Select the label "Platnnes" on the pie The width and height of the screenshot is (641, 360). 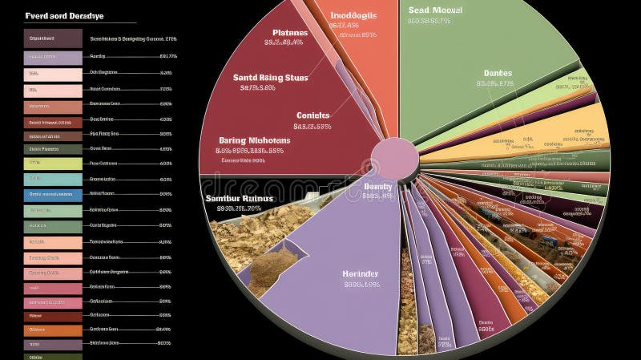click(x=284, y=33)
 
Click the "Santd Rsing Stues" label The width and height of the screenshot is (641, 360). click(x=271, y=78)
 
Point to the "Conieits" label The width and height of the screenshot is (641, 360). click(x=312, y=115)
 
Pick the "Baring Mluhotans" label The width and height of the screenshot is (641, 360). click(x=254, y=140)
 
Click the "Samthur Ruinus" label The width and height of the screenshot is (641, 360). click(x=239, y=198)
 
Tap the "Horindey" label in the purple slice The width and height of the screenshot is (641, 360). click(x=361, y=273)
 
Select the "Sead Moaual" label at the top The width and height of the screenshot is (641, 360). click(x=435, y=10)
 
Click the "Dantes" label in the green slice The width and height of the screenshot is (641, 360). click(x=497, y=74)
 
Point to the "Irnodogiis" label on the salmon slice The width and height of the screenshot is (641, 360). click(x=353, y=14)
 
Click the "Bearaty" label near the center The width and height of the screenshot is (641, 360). click(x=377, y=187)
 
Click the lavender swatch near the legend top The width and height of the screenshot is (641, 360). click(x=53, y=57)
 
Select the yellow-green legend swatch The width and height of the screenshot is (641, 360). click(x=53, y=163)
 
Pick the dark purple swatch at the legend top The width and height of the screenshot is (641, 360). click(x=53, y=38)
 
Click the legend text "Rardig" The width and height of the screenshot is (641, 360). click(x=98, y=57)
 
